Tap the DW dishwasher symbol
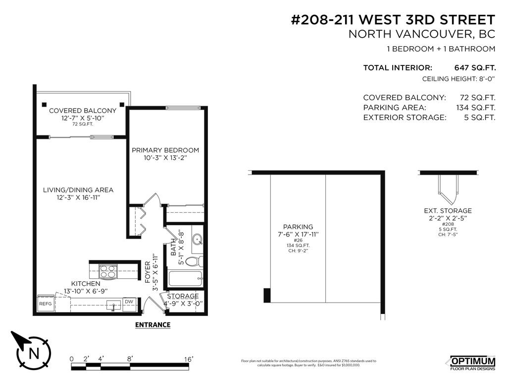click(x=129, y=302)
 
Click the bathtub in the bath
click(x=184, y=278)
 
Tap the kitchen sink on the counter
click(x=113, y=305)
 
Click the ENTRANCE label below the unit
click(x=153, y=325)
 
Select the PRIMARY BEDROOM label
click(x=165, y=150)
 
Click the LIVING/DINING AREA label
click(x=78, y=190)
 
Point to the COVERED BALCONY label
click(x=83, y=111)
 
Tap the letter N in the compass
click(x=34, y=353)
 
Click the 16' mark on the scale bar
click(x=189, y=359)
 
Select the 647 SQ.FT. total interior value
click(x=474, y=68)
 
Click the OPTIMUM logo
click(x=473, y=361)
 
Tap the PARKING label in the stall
click(x=298, y=227)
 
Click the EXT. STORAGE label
click(x=447, y=211)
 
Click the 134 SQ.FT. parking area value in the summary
click(x=475, y=108)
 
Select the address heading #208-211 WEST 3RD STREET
click(x=392, y=20)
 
